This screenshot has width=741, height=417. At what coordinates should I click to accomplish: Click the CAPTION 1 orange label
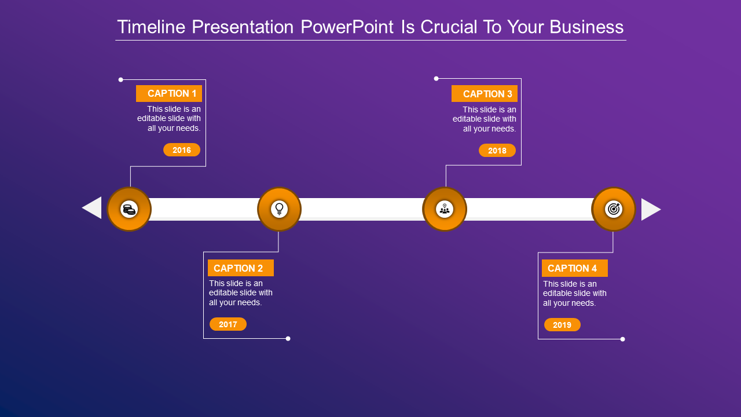click(169, 93)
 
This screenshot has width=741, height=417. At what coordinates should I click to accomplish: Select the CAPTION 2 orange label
click(240, 268)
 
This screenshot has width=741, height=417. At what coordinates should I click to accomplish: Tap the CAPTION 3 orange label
click(485, 94)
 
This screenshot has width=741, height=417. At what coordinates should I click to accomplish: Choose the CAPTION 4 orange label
click(574, 268)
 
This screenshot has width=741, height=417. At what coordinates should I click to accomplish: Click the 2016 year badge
click(182, 150)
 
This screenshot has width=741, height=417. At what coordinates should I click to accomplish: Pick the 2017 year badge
click(228, 324)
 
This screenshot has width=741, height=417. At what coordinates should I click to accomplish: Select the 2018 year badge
click(497, 151)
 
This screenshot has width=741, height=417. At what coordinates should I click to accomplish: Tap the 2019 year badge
click(562, 325)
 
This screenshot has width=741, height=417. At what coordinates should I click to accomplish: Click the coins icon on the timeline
click(129, 209)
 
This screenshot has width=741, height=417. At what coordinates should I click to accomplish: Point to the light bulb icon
click(279, 209)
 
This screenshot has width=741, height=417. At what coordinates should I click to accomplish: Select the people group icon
click(445, 209)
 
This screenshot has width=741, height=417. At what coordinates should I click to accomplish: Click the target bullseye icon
click(614, 209)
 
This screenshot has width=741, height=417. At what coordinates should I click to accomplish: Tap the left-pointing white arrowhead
click(93, 208)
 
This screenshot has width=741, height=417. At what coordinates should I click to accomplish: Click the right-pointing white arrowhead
click(650, 209)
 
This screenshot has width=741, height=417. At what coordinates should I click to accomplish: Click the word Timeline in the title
click(151, 27)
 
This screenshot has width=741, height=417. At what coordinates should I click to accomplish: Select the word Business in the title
click(586, 27)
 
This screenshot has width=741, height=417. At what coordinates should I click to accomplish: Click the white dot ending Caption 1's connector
click(121, 79)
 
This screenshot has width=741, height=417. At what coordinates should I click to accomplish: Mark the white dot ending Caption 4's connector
click(623, 339)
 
